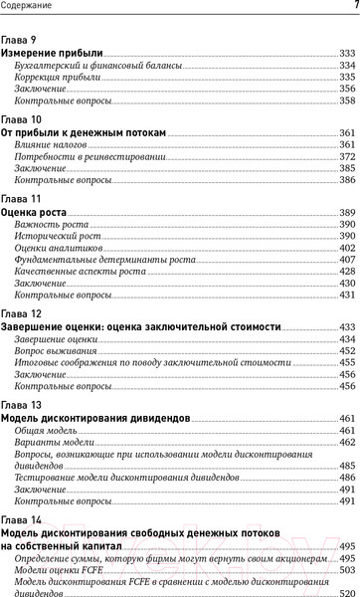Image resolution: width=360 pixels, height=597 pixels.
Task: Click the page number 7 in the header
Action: click(355, 7)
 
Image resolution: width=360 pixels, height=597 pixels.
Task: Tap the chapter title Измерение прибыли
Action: click(53, 51)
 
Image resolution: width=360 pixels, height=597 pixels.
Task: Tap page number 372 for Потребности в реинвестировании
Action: click(347, 157)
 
